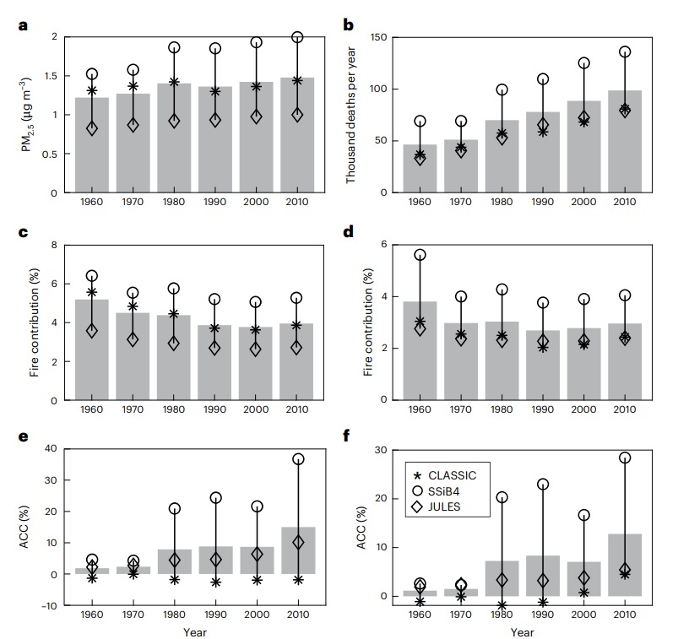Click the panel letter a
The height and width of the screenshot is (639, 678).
23,24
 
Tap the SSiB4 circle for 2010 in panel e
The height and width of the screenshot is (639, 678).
298,459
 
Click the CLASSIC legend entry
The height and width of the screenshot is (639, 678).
447,475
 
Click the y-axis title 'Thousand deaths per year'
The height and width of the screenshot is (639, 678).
350,115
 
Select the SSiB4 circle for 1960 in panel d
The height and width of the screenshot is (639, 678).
420,255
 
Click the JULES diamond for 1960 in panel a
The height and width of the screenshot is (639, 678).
92,128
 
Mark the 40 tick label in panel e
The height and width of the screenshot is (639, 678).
51,448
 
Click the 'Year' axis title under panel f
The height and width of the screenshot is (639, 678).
522,632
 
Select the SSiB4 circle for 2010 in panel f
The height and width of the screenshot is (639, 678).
625,458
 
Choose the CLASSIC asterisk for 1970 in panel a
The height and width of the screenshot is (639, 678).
133,86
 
